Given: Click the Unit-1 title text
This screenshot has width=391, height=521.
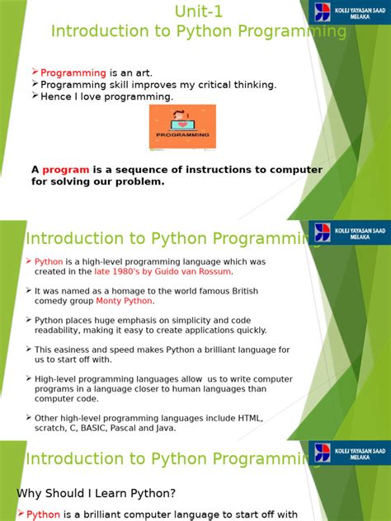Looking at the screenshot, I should coord(199,11).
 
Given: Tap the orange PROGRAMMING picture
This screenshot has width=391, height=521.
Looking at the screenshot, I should coord(181,126).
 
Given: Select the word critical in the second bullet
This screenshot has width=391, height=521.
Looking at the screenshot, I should coord(212,85).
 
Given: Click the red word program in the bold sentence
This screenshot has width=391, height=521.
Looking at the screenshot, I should coord(66,170).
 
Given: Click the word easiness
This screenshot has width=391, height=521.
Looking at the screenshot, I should coord(73,350).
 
